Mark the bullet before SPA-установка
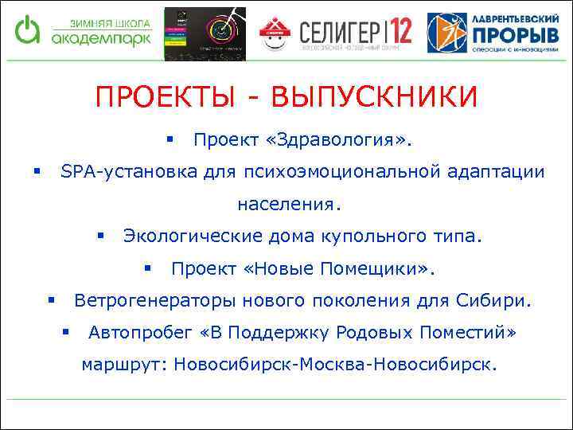36,170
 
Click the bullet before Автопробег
66,331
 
